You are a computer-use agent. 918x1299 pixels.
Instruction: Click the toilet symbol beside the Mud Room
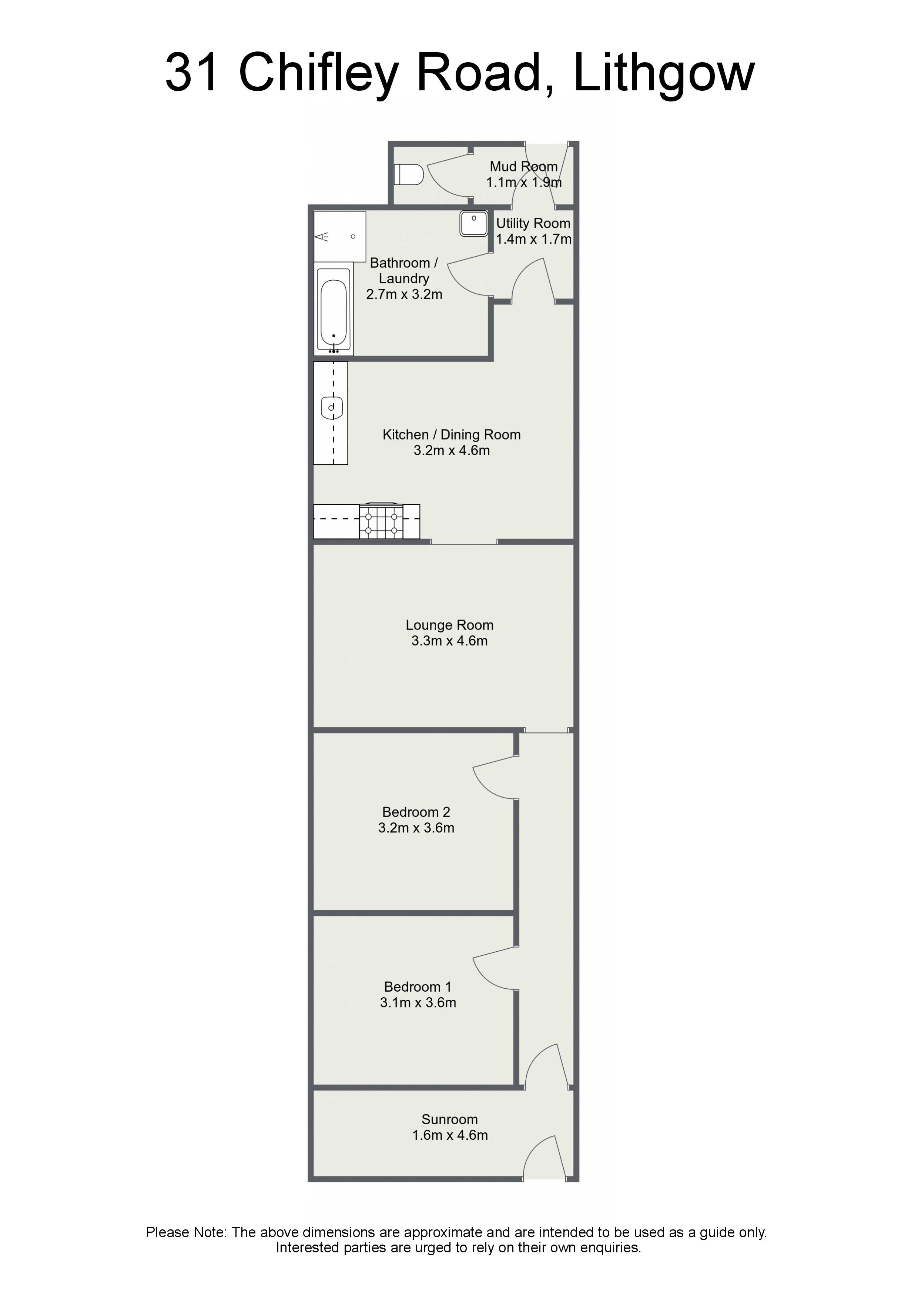tap(408, 175)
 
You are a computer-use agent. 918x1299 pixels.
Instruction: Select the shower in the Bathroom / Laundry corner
tap(340, 237)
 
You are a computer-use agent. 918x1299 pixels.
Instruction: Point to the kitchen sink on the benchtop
tap(332, 407)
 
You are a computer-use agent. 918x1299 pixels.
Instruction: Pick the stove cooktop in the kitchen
tap(382, 521)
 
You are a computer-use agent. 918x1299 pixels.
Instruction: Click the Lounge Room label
tap(450, 625)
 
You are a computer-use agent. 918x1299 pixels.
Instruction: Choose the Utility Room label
tap(533, 224)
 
